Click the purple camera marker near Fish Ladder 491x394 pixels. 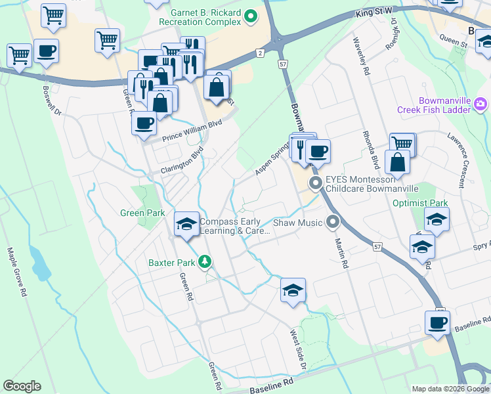(480, 104)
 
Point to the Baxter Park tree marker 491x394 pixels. (205, 263)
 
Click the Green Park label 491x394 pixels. (142, 213)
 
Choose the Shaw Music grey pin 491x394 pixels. (333, 223)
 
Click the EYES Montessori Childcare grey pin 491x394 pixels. (316, 183)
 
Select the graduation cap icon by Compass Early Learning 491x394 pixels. (186, 224)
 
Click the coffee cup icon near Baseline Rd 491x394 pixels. (437, 322)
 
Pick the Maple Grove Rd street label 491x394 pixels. (18, 273)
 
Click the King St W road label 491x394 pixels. (375, 12)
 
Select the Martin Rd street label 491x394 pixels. (341, 253)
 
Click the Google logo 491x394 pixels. (22, 386)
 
